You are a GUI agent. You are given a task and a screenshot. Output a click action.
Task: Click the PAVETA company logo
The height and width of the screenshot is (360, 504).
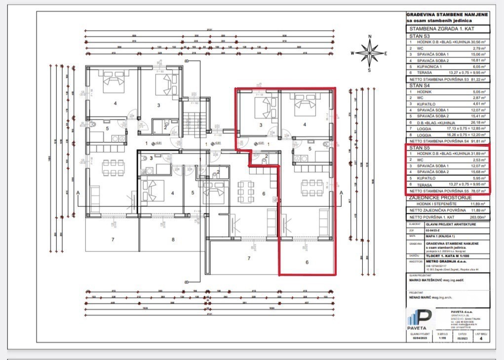(420, 319)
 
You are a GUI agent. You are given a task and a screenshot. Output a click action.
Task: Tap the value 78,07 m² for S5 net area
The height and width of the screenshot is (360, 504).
(478, 190)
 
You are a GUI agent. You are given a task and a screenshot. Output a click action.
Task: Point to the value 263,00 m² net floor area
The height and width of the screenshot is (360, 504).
(477, 217)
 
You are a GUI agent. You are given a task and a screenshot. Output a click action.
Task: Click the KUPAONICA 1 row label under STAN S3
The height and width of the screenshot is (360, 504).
(429, 66)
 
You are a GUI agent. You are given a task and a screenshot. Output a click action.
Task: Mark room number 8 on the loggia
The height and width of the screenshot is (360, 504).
(173, 240)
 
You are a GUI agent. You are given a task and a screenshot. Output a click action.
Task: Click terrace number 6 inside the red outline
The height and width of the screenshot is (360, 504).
(306, 263)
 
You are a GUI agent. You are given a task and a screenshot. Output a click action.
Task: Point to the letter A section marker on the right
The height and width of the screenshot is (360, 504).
(340, 192)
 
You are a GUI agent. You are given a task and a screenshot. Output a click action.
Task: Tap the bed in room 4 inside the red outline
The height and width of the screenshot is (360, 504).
(305, 104)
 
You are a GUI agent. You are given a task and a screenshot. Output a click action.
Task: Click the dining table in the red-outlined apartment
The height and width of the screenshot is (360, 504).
(312, 186)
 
